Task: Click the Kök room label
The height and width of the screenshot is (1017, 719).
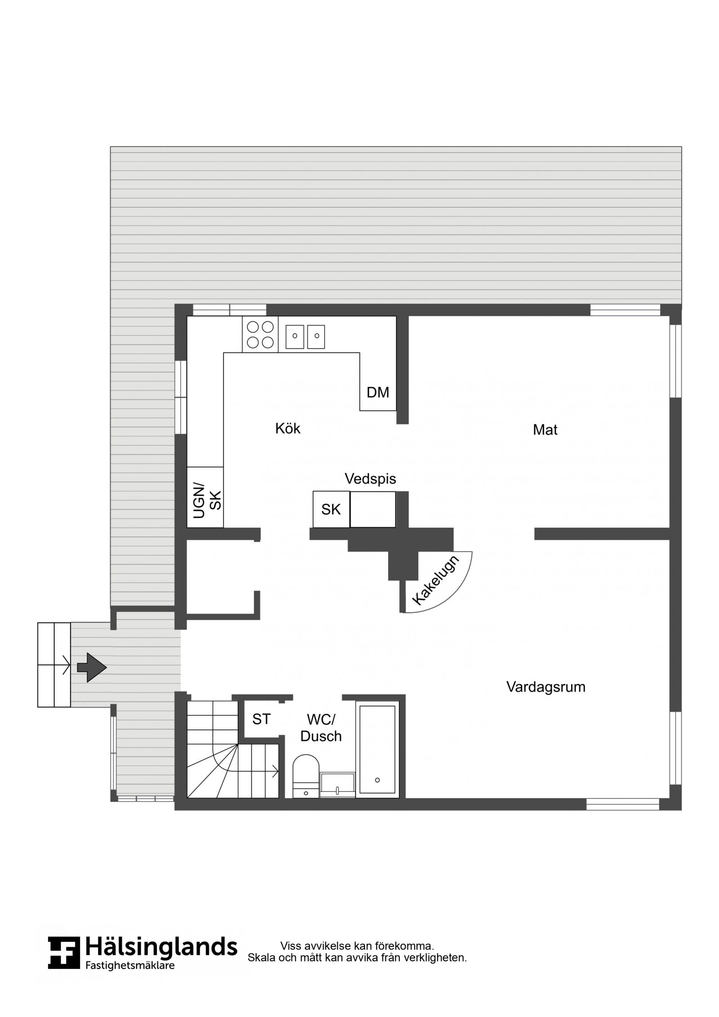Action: [x=288, y=428]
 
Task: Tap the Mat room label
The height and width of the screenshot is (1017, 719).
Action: [x=545, y=430]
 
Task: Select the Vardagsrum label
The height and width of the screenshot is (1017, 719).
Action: [x=546, y=687]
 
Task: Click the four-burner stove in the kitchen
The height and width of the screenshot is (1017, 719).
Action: [x=260, y=334]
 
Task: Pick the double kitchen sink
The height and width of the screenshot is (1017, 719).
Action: [x=305, y=337]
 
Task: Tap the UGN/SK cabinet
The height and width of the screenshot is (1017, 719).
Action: [x=205, y=497]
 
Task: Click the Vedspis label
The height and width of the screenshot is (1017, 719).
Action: [x=370, y=479]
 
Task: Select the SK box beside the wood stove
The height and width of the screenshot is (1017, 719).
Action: [x=331, y=510]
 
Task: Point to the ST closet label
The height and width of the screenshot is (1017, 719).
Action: [x=261, y=719]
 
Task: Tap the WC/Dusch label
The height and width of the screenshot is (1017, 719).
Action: [x=321, y=728]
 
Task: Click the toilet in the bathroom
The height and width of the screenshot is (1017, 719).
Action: [x=306, y=776]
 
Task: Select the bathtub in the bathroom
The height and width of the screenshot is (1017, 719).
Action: [x=377, y=749]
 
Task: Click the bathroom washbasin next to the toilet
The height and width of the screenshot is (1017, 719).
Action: [x=337, y=785]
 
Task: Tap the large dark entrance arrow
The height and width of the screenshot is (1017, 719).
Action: [x=92, y=667]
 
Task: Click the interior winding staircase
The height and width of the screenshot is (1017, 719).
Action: [x=233, y=749]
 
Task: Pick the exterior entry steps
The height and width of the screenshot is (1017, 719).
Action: [x=54, y=665]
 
